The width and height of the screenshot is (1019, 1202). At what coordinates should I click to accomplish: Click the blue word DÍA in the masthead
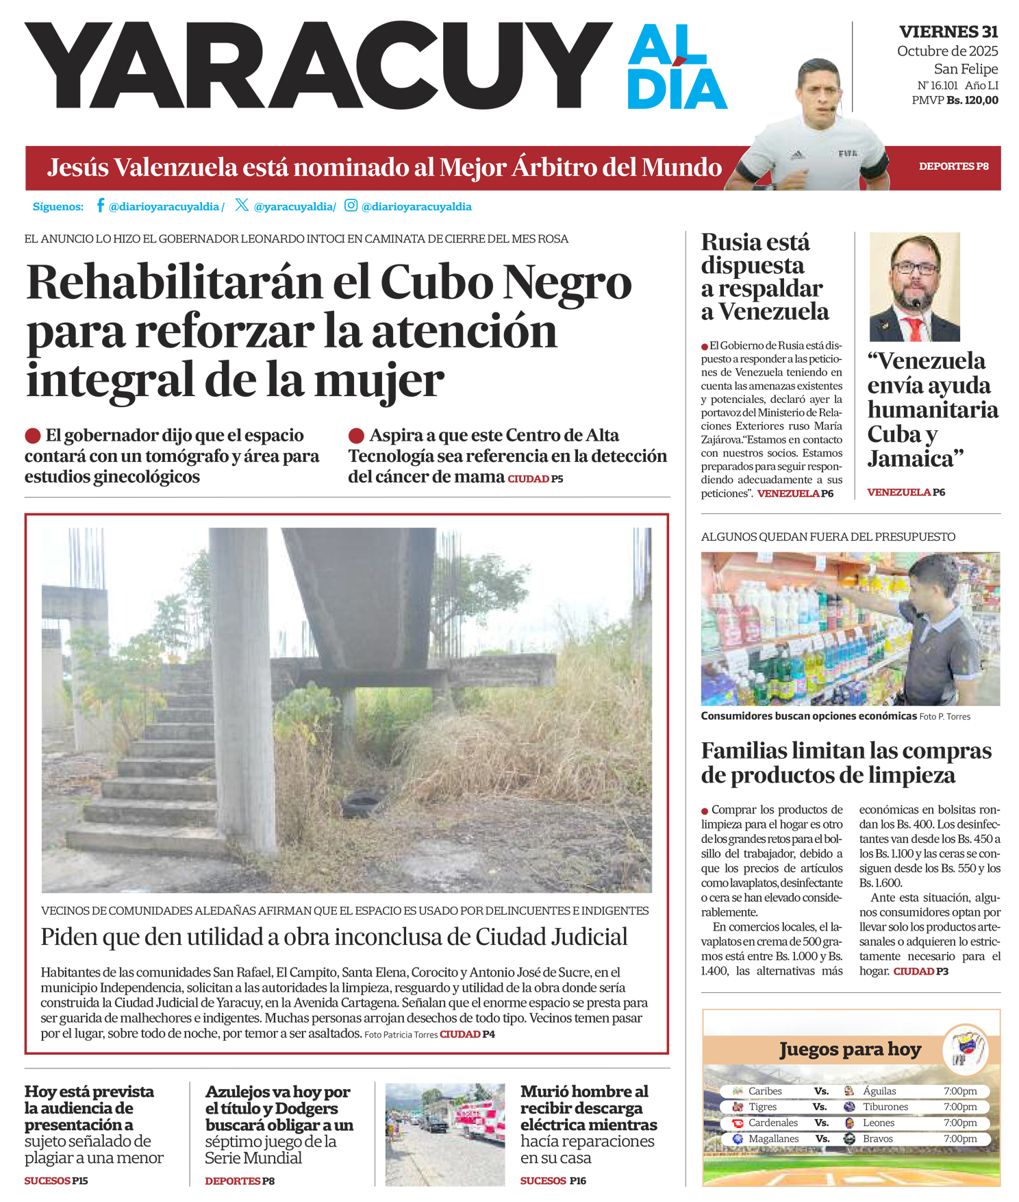pyautogui.click(x=677, y=88)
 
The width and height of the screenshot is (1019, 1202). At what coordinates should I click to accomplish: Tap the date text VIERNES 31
pyautogui.click(x=948, y=32)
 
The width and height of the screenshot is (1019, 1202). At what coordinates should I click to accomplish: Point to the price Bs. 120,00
pyautogui.click(x=972, y=100)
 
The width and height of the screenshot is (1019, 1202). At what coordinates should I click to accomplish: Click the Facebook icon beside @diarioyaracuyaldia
pyautogui.click(x=100, y=206)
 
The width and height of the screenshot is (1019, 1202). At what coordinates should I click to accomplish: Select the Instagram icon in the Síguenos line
pyautogui.click(x=351, y=206)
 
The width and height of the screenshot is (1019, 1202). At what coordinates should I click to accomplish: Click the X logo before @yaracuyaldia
pyautogui.click(x=242, y=205)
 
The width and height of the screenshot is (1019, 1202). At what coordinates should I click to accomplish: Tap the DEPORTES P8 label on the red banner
pyautogui.click(x=953, y=167)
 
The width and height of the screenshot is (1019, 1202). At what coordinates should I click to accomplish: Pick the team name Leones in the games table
pyautogui.click(x=879, y=1123)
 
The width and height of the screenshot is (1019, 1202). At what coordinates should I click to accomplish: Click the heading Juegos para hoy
pyautogui.click(x=850, y=1049)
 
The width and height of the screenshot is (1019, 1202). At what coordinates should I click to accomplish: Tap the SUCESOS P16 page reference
pyautogui.click(x=553, y=1181)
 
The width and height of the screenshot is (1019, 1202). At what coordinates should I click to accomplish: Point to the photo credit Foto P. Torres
pyautogui.click(x=944, y=717)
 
